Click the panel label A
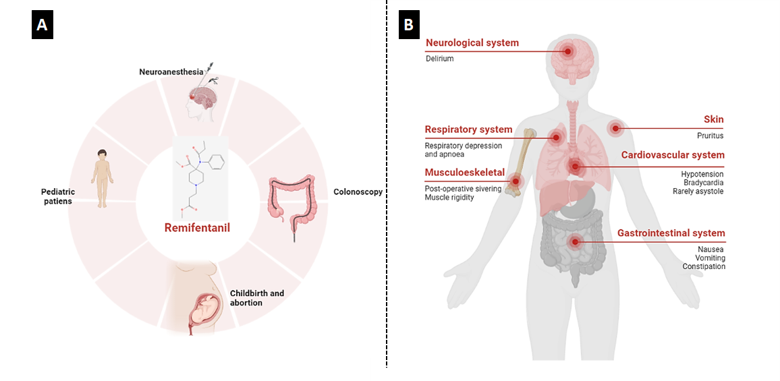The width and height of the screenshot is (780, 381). pyautogui.click(x=42, y=25)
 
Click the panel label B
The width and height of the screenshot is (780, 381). pyautogui.click(x=408, y=25)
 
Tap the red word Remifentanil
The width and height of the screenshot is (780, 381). pyautogui.click(x=197, y=228)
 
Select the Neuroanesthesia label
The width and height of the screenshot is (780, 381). pyautogui.click(x=171, y=71)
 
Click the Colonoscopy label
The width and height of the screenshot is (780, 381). pyautogui.click(x=358, y=192)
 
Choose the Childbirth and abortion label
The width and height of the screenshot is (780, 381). pyautogui.click(x=257, y=298)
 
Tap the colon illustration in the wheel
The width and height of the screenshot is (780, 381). pyautogui.click(x=291, y=202)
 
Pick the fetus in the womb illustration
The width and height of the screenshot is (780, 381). pyautogui.click(x=206, y=307)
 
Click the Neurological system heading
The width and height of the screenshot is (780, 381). pyautogui.click(x=472, y=43)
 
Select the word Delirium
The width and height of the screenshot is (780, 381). pyautogui.click(x=439, y=59)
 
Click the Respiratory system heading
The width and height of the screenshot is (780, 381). pyautogui.click(x=468, y=129)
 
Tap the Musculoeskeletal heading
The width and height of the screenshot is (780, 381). pyautogui.click(x=464, y=173)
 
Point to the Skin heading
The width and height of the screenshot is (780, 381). pyautogui.click(x=713, y=119)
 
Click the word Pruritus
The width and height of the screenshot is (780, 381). pyautogui.click(x=710, y=136)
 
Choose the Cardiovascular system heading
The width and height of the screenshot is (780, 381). pyautogui.click(x=673, y=155)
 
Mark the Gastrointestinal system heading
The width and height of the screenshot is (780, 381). pyautogui.click(x=671, y=233)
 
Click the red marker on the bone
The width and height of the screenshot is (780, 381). pyautogui.click(x=516, y=181)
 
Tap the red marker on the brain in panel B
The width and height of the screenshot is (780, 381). pyautogui.click(x=568, y=51)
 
